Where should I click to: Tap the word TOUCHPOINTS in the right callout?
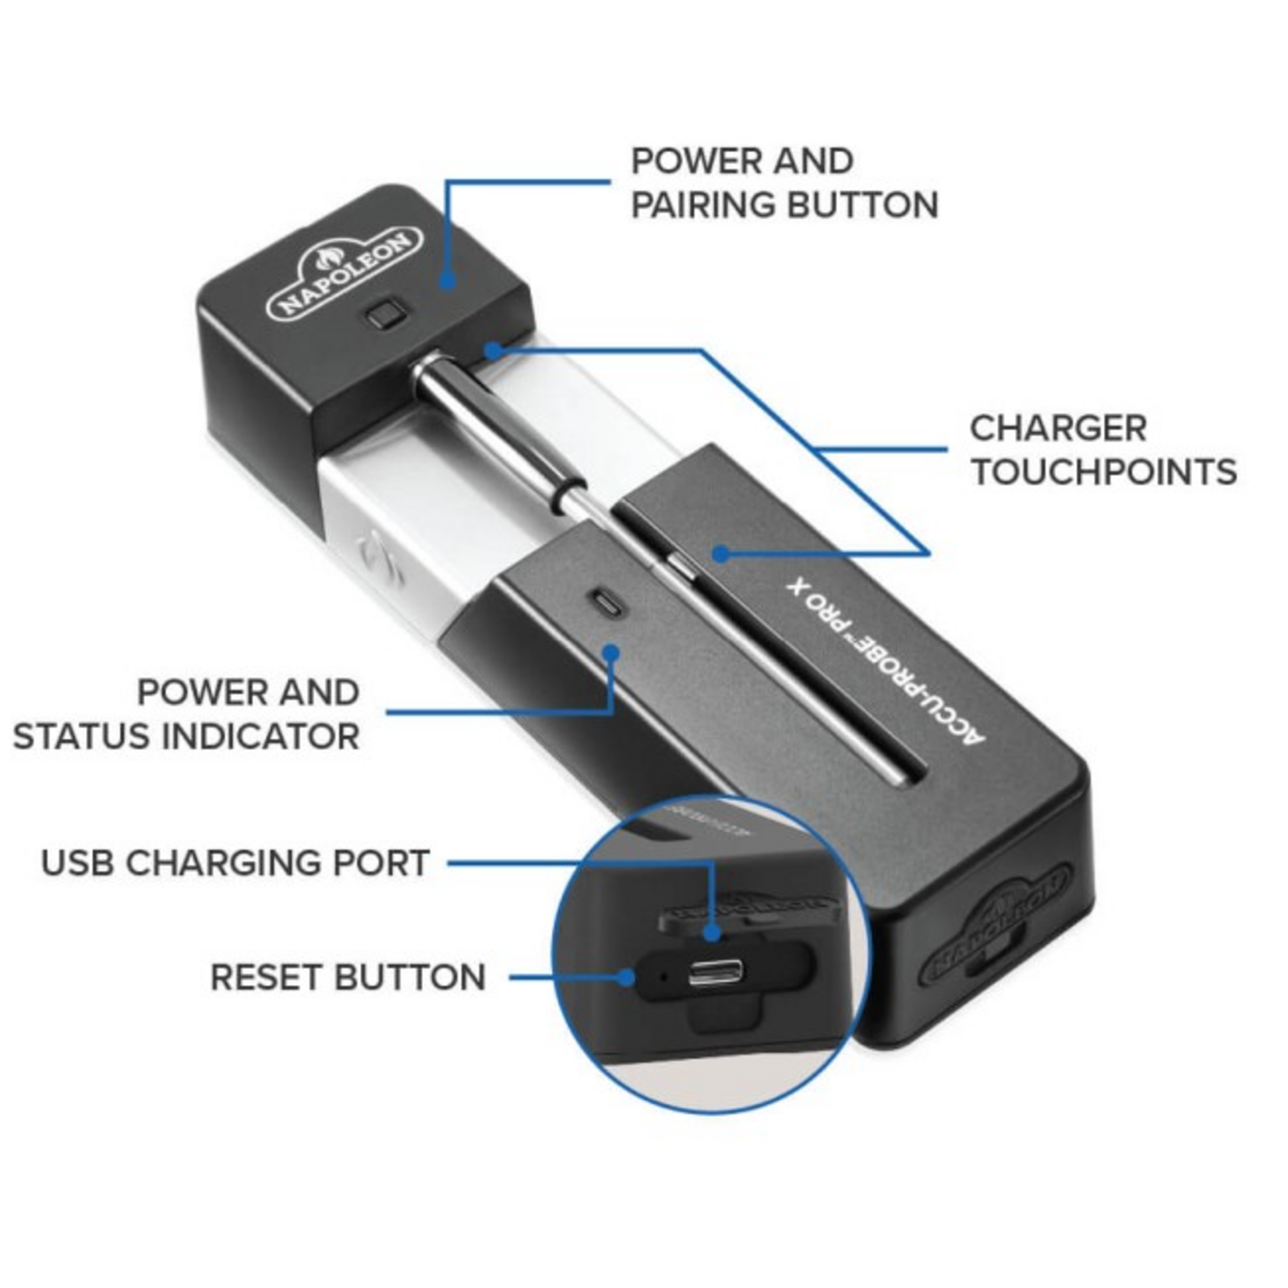[x=1104, y=472]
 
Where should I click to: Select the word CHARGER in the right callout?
[x=1058, y=428]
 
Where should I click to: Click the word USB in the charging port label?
[x=77, y=863]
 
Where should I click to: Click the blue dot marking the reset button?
[x=628, y=976]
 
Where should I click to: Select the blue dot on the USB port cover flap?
[x=711, y=932]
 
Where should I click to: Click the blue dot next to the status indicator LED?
[x=612, y=652]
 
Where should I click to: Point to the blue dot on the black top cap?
[x=448, y=280]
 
